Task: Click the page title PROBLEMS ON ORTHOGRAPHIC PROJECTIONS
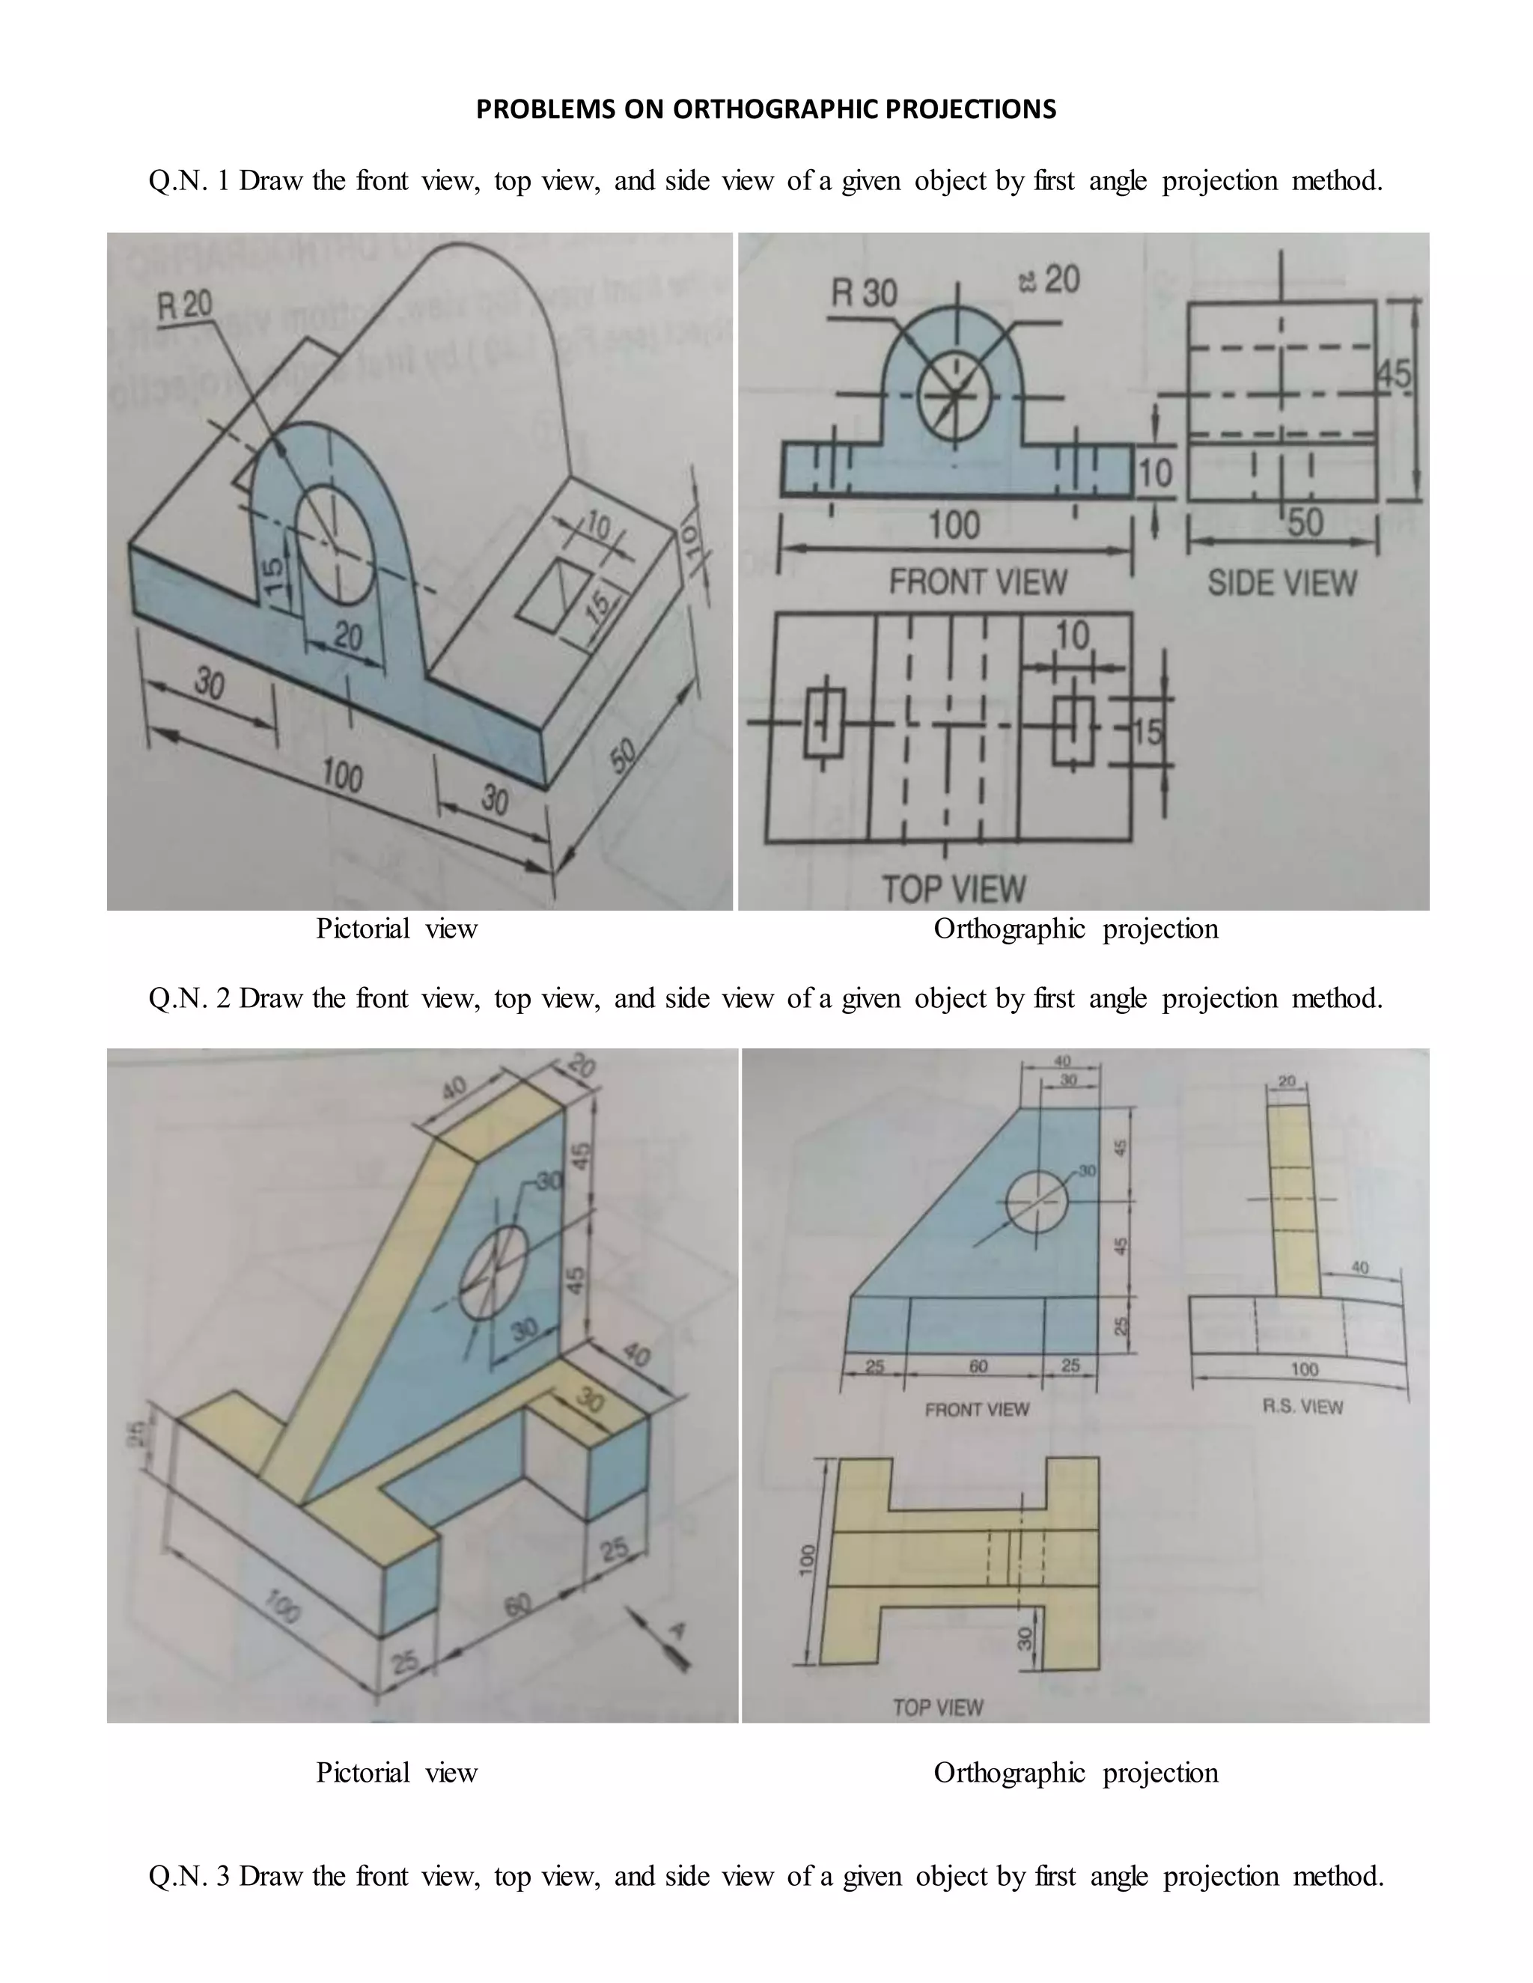766,110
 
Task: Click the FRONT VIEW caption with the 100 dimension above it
977,582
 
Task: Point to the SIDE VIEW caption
1281,583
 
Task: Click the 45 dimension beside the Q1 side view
1395,375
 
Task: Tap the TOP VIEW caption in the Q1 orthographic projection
954,889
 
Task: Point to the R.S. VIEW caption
1302,1407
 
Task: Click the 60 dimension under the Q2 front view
978,1366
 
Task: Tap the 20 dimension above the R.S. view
1287,1081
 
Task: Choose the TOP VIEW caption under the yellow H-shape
937,1708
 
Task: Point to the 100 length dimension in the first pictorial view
342,776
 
